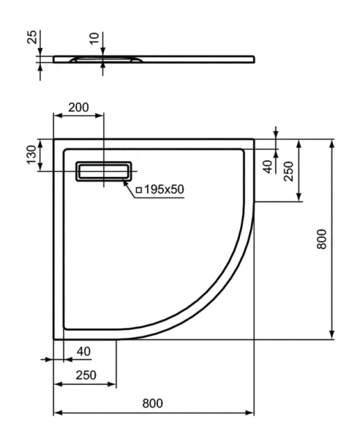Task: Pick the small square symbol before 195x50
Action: click(138, 190)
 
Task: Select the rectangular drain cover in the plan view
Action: click(105, 171)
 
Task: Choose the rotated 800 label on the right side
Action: click(323, 239)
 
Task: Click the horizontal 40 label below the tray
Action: click(83, 351)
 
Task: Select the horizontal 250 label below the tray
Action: click(86, 375)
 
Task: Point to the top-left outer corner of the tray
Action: click(54, 138)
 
